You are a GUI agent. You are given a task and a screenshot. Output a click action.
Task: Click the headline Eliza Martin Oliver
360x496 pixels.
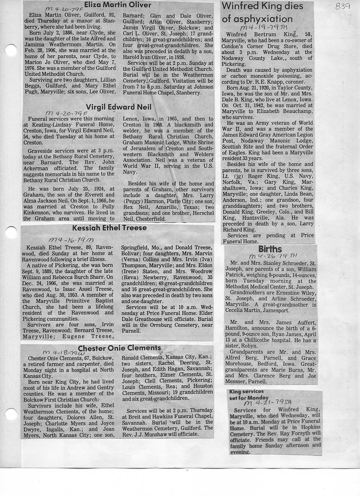(x=117, y=5)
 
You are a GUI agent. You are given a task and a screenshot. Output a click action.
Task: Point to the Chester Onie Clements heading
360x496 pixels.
(x=119, y=348)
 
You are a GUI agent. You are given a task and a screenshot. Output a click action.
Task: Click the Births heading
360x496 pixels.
(x=270, y=249)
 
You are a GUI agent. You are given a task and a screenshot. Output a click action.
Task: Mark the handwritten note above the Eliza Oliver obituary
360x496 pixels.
(x=64, y=9)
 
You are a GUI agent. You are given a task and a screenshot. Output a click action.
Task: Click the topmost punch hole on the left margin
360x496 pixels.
(x=11, y=50)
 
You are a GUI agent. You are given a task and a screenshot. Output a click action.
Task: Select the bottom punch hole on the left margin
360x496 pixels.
(x=11, y=414)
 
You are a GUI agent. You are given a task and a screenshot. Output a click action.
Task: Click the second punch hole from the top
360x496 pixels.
(x=11, y=232)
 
